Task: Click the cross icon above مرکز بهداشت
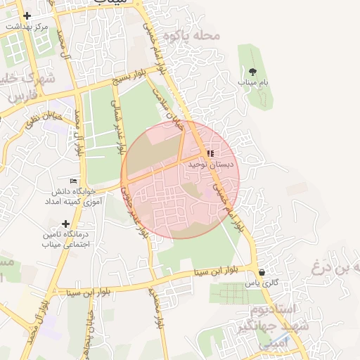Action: pos(27,15)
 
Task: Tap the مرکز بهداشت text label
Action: pos(27,26)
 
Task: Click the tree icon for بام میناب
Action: pos(252,72)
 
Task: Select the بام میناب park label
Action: pos(252,82)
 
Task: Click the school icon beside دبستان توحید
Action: pos(210,153)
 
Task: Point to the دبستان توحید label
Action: pos(210,164)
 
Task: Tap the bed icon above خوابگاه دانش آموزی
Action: pos(74,181)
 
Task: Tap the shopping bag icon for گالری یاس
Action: pos(262,273)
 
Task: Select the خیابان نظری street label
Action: pos(39,118)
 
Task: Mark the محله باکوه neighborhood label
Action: pos(186,35)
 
